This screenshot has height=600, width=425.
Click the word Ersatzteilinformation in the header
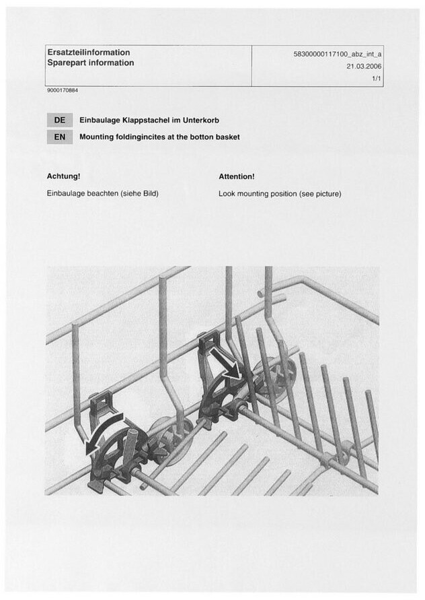[88, 52]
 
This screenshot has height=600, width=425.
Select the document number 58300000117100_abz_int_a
[338, 53]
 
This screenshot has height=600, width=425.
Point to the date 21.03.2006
[364, 67]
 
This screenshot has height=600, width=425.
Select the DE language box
[59, 121]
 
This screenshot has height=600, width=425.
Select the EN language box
[59, 137]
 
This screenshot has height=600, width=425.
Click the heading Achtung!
[63, 176]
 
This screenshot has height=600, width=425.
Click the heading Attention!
[237, 176]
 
